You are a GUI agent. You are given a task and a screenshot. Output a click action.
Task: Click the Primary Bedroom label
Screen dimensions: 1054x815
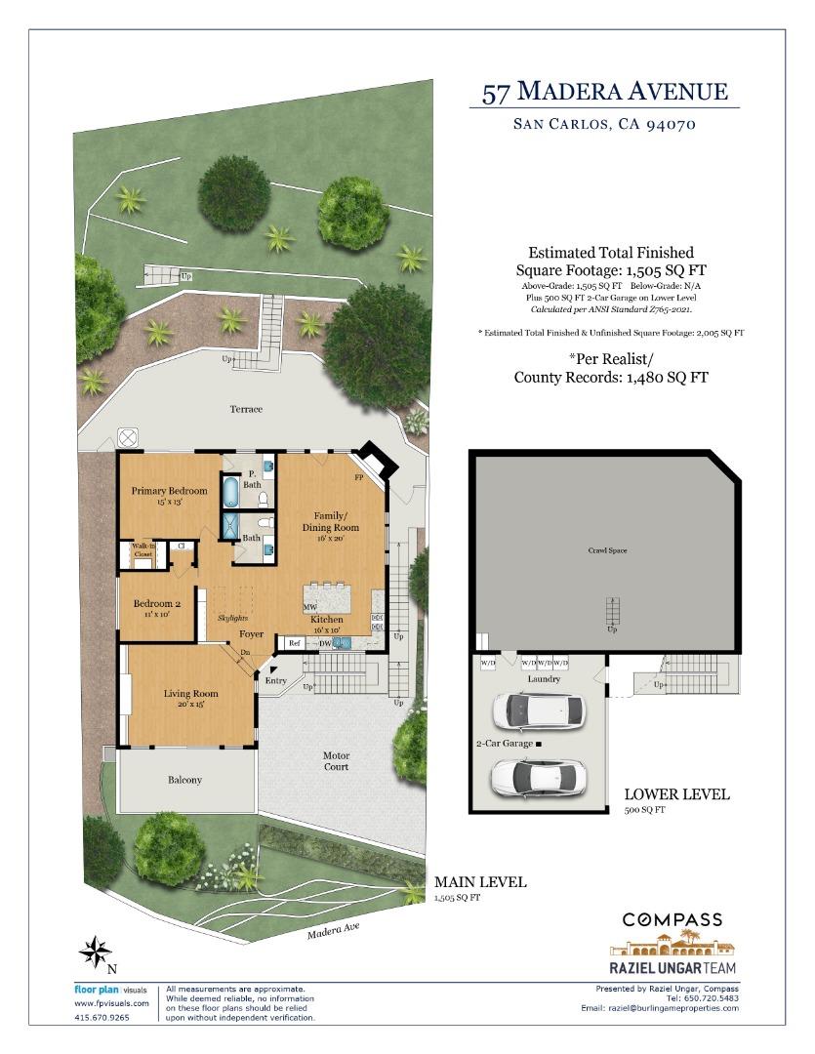(x=170, y=490)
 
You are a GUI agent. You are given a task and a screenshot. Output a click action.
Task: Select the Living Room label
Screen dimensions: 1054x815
(x=191, y=694)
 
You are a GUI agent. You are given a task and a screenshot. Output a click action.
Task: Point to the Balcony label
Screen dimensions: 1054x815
(x=184, y=780)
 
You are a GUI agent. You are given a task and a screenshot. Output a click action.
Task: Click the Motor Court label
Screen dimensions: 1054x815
(x=337, y=761)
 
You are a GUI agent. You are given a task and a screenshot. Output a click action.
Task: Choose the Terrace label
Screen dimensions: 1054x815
(x=246, y=409)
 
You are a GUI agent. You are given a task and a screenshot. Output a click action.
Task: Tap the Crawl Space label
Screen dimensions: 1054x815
(x=607, y=551)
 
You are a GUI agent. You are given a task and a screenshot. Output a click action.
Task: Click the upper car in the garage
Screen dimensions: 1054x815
(x=540, y=711)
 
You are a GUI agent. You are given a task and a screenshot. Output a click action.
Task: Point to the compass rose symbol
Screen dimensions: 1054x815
(x=95, y=951)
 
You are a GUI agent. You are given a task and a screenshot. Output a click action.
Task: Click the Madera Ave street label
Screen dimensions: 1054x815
(x=334, y=931)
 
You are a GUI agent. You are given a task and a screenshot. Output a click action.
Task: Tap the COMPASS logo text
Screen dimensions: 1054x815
(x=672, y=919)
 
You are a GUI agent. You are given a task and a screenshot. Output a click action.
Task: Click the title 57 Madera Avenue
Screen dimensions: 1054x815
(x=605, y=93)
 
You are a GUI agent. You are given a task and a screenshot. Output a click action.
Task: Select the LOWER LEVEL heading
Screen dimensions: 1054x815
(x=676, y=794)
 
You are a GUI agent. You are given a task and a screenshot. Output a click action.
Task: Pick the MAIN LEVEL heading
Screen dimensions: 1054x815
(x=480, y=882)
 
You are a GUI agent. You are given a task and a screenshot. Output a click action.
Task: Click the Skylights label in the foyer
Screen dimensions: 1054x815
(x=232, y=618)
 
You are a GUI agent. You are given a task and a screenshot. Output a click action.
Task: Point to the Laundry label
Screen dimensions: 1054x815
(x=544, y=678)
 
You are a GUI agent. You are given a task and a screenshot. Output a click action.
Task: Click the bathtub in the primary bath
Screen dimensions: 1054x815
(x=231, y=490)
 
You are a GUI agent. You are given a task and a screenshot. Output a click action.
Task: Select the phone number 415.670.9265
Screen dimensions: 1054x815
(x=102, y=1017)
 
